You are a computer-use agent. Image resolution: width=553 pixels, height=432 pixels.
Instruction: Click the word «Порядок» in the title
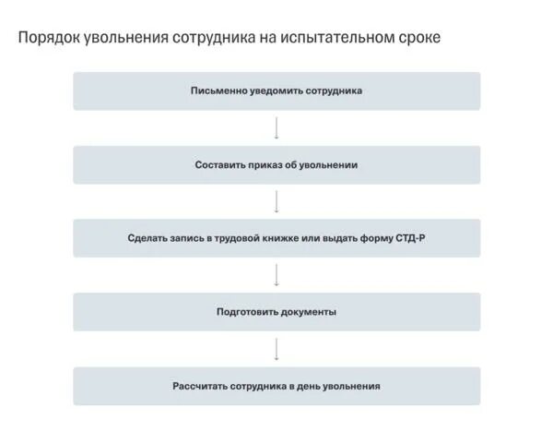click(49, 39)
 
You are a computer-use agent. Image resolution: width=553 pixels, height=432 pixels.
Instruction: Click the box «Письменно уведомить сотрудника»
click(276, 91)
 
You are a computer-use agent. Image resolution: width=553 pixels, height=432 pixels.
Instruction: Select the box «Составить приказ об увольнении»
click(276, 165)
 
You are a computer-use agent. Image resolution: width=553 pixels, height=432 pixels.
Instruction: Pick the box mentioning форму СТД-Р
click(276, 238)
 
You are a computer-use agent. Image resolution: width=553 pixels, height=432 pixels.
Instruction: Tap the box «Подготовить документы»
click(276, 312)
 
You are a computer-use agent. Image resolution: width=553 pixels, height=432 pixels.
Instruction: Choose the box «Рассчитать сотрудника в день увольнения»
click(276, 386)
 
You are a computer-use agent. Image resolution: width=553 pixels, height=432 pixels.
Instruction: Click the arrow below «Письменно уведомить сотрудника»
click(276, 128)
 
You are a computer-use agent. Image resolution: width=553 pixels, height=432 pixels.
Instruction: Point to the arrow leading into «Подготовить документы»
click(276, 275)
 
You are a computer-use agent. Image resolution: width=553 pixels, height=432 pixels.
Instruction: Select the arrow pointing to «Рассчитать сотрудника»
click(276, 349)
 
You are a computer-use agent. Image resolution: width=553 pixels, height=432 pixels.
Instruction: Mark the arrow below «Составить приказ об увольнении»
click(276, 201)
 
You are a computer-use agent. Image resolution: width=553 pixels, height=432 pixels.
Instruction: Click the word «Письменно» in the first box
click(217, 91)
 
